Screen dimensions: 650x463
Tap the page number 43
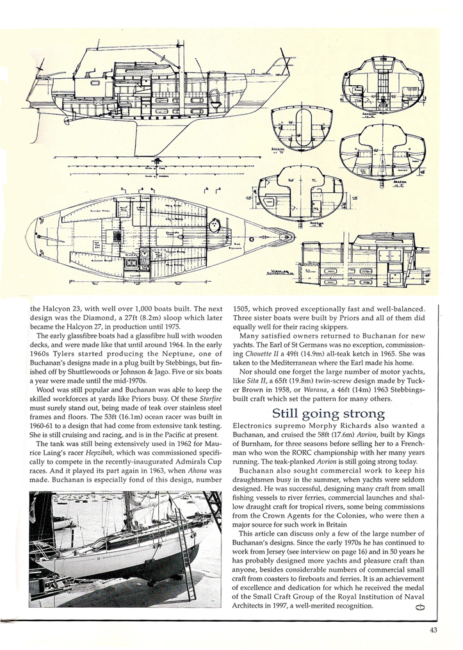(435, 629)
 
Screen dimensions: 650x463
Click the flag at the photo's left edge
(39, 509)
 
